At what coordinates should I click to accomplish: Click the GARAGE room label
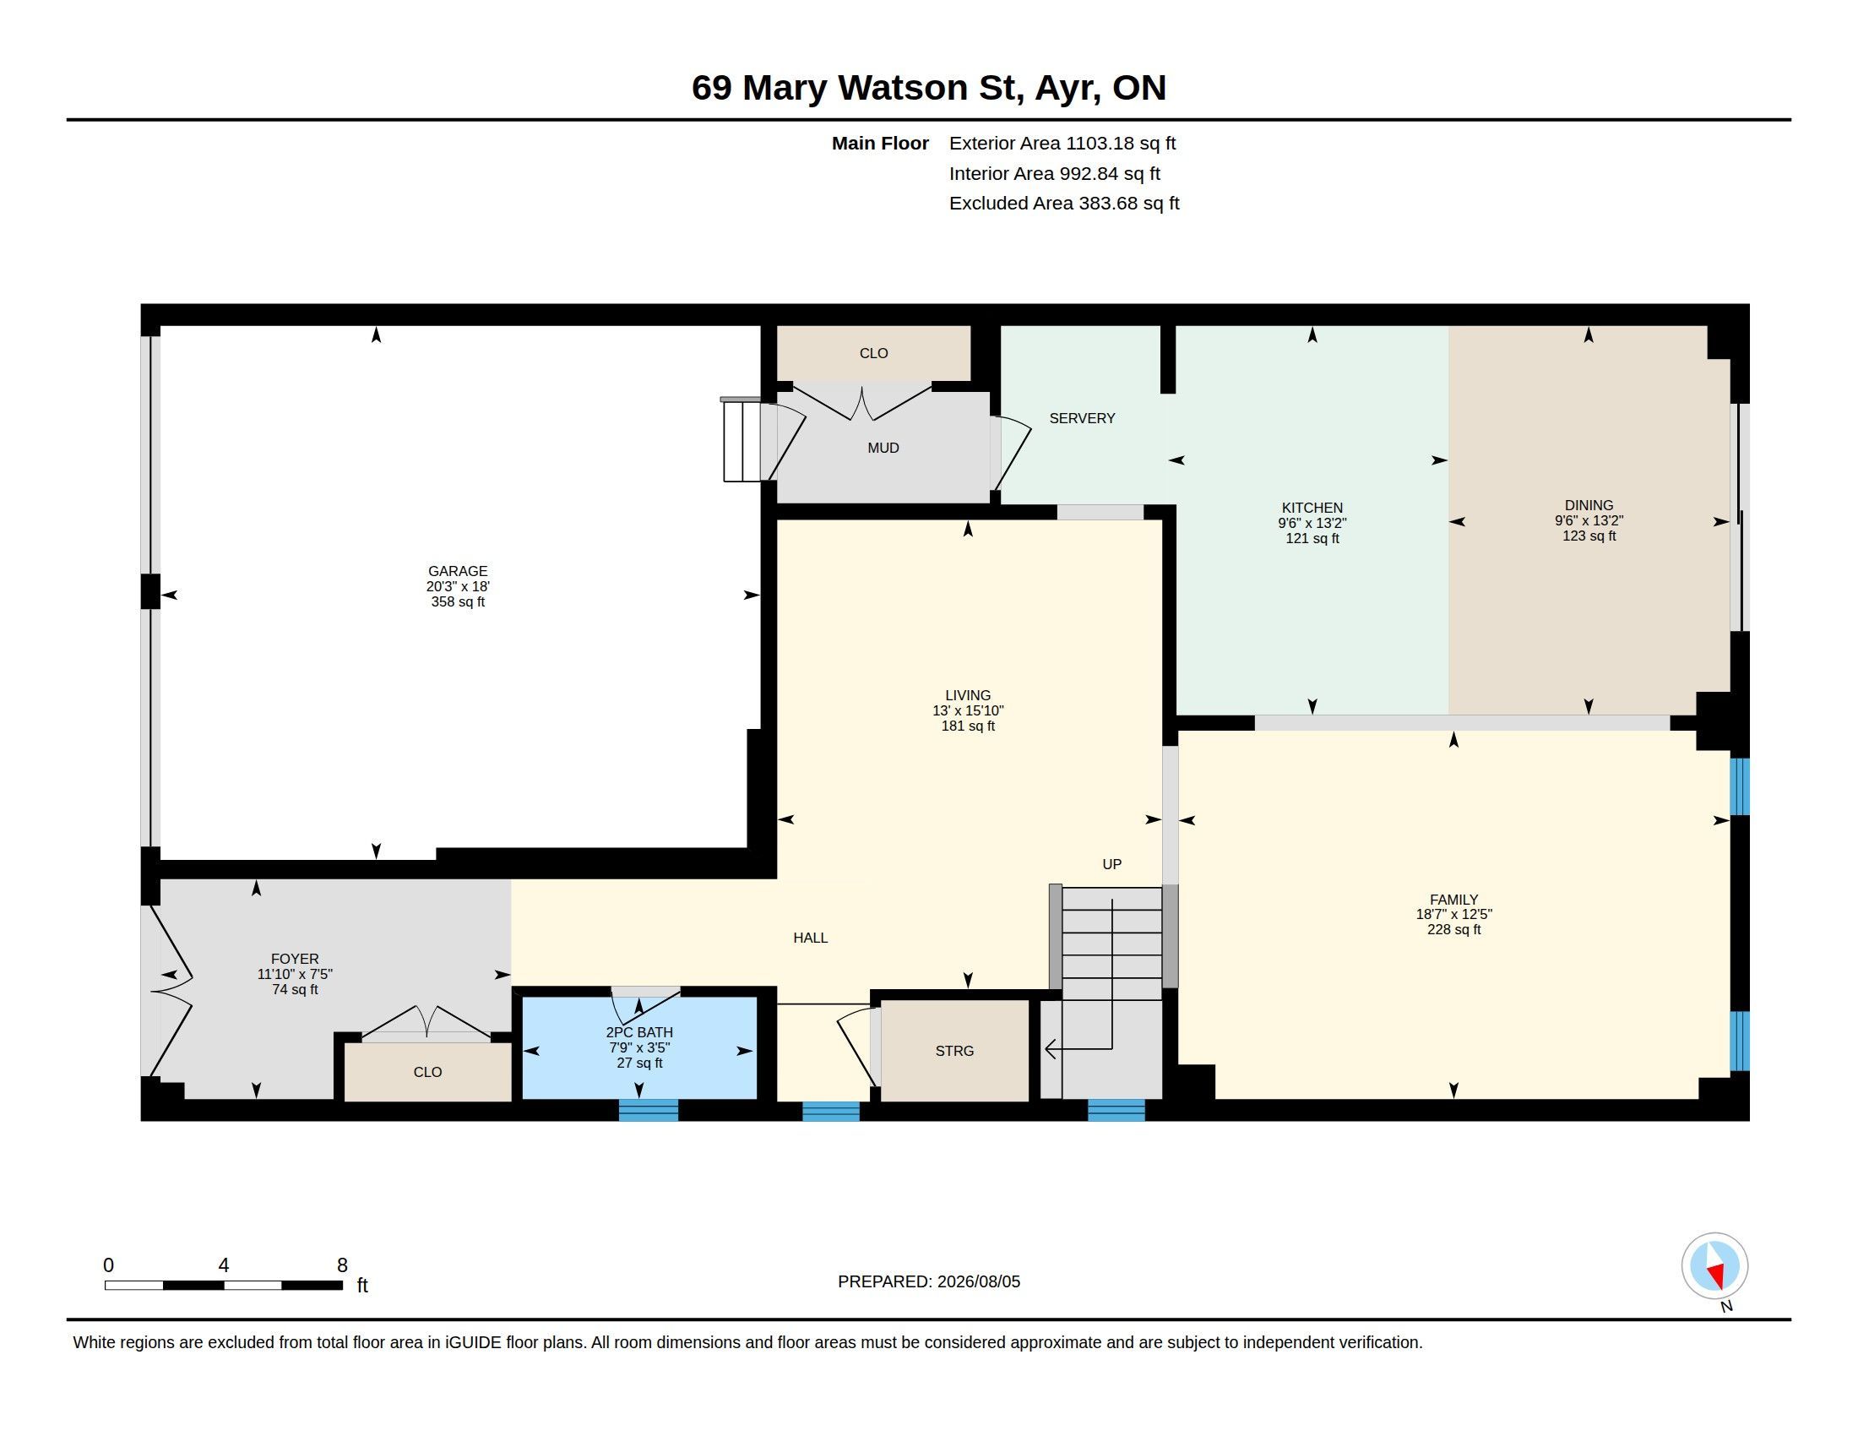[x=458, y=571]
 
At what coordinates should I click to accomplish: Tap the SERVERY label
[x=1081, y=418]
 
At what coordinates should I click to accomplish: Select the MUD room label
[x=883, y=449]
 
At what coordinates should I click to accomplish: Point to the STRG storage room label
[x=954, y=1052]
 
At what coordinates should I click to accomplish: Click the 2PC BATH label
[x=639, y=1033]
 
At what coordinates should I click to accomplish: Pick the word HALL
[x=810, y=938]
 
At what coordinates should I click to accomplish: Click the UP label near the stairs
[x=1112, y=864]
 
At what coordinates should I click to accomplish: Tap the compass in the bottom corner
[x=1715, y=1266]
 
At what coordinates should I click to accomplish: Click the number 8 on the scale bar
[x=342, y=1265]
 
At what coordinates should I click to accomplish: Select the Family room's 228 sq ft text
[x=1454, y=930]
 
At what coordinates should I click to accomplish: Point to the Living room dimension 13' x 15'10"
[x=968, y=711]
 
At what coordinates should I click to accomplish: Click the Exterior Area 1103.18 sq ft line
[x=1062, y=144]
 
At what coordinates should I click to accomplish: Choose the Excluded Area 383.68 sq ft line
[x=1064, y=204]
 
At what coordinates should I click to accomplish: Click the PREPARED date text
[x=929, y=1282]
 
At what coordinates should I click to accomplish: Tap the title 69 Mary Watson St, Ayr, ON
[x=929, y=88]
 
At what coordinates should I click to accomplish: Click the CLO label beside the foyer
[x=427, y=1073]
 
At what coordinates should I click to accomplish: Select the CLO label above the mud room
[x=874, y=354]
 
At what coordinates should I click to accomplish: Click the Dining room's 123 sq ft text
[x=1589, y=536]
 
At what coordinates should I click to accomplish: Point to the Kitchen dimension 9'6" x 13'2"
[x=1312, y=523]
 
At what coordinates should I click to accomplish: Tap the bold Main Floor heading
[x=880, y=144]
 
